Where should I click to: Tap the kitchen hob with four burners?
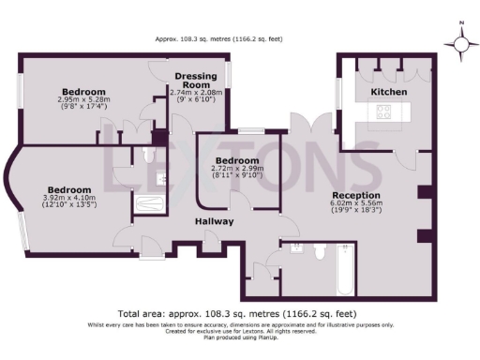click(x=385, y=112)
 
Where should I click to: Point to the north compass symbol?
click(x=461, y=43)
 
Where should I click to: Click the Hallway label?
click(x=214, y=221)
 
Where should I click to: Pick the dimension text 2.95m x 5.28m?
click(x=84, y=99)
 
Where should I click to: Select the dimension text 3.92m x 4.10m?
click(x=69, y=198)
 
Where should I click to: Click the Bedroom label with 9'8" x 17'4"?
click(x=84, y=91)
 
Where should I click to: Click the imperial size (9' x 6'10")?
click(x=196, y=98)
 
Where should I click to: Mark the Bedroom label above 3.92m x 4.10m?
click(x=69, y=188)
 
